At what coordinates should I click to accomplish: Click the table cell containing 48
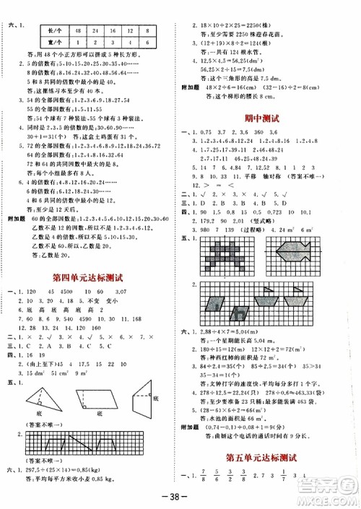click(77, 30)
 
